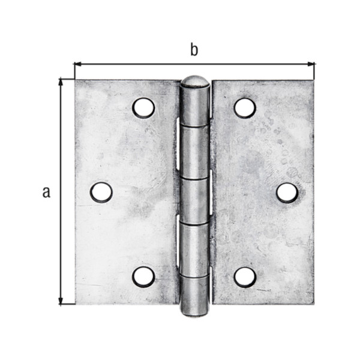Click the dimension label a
pyautogui.click(x=46, y=192)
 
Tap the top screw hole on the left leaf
pyautogui.click(x=143, y=108)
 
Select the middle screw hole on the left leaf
pyautogui.click(x=101, y=192)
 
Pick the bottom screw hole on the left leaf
pyautogui.click(x=143, y=277)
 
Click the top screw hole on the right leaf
pyautogui.click(x=245, y=108)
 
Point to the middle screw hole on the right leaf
pyautogui.click(x=287, y=192)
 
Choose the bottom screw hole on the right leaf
pyautogui.click(x=245, y=277)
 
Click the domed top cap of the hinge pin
pyautogui.click(x=195, y=81)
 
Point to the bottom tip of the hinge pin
pyautogui.click(x=195, y=311)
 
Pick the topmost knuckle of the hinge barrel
pyautogui.click(x=195, y=106)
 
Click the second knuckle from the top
pyautogui.click(x=195, y=152)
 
